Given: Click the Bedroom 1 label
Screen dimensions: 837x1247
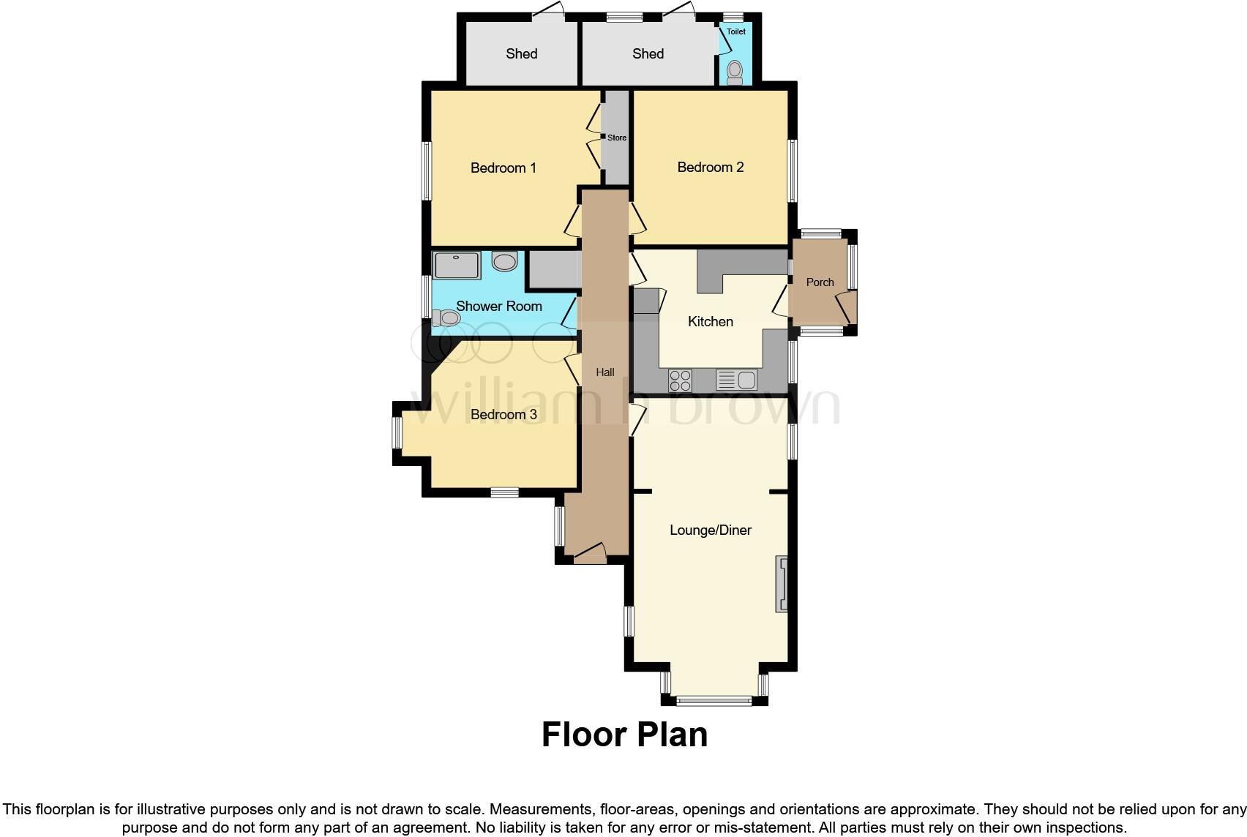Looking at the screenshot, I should click(x=503, y=168).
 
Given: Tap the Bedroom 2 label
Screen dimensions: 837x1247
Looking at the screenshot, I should click(x=710, y=168).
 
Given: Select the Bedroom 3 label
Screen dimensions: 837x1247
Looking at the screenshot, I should click(x=503, y=415).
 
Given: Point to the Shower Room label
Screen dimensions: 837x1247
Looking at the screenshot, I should click(x=498, y=307).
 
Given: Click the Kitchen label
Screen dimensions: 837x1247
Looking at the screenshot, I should click(x=710, y=322).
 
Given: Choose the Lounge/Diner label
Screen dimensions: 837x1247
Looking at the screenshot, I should click(x=710, y=530).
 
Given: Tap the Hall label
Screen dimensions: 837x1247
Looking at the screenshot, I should click(x=604, y=372).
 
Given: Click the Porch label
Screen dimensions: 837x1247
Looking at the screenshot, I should click(x=820, y=282).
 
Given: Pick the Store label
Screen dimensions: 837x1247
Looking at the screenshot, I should click(x=617, y=138).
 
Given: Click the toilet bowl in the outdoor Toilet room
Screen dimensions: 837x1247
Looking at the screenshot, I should click(x=735, y=71).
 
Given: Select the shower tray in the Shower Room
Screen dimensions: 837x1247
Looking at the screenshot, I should click(x=457, y=265).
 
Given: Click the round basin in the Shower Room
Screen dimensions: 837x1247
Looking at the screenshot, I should click(x=505, y=260).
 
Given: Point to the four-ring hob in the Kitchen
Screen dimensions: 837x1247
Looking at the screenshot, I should click(x=680, y=380).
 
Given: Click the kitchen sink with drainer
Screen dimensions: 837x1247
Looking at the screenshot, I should click(x=736, y=380).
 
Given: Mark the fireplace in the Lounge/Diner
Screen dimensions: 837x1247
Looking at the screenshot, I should click(x=782, y=584).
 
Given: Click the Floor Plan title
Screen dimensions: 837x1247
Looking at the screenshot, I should click(x=624, y=735).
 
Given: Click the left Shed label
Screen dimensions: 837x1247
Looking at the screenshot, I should click(x=521, y=54).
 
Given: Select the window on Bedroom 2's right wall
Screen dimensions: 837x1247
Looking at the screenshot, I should click(x=792, y=170).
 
